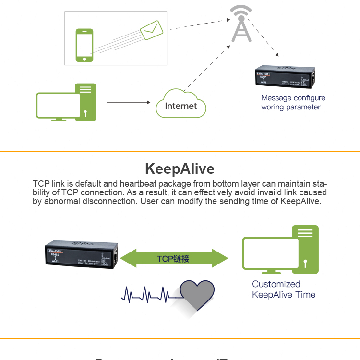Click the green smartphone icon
point(84,45)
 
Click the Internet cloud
point(181,104)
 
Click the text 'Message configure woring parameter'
point(293,102)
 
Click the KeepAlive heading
point(180,169)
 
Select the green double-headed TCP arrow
point(173,259)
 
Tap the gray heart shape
point(197,295)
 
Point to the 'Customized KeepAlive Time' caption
point(283,289)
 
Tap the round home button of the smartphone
point(84,59)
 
